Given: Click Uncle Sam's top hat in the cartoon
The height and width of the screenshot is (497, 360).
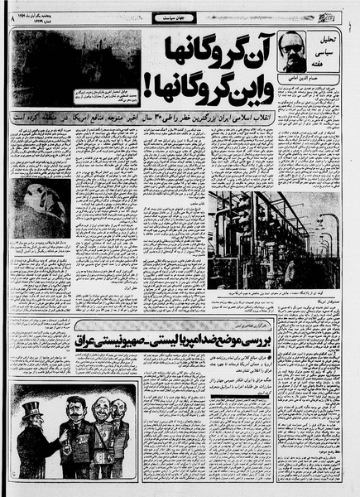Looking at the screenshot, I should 32,409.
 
